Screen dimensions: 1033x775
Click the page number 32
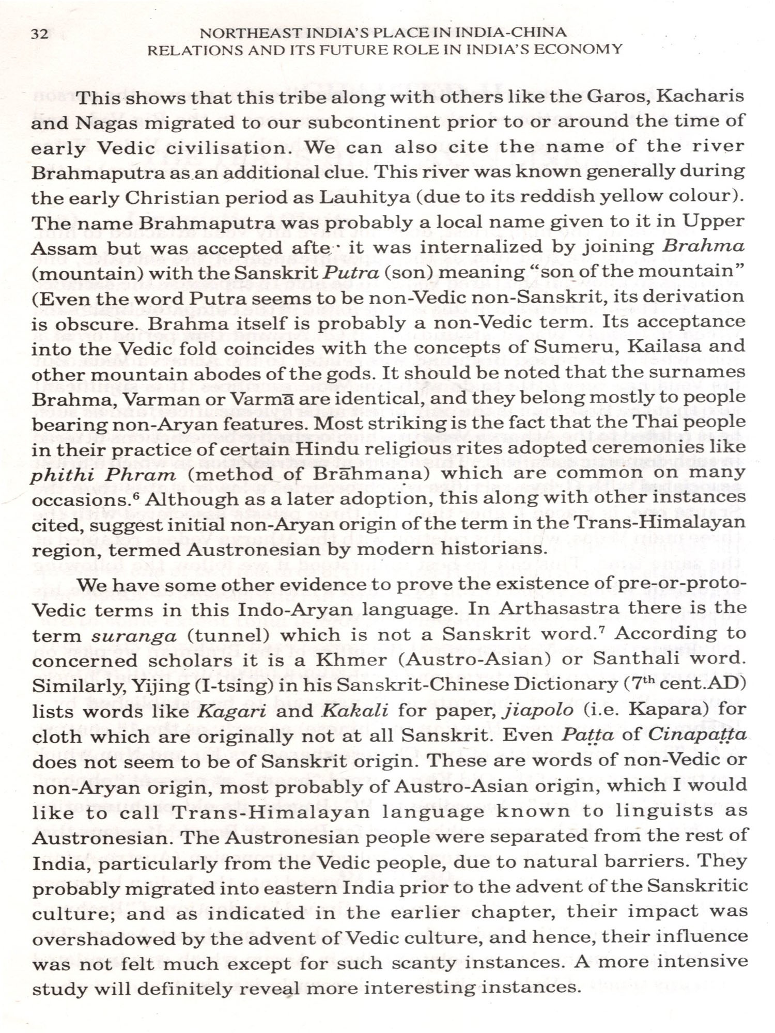40,35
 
